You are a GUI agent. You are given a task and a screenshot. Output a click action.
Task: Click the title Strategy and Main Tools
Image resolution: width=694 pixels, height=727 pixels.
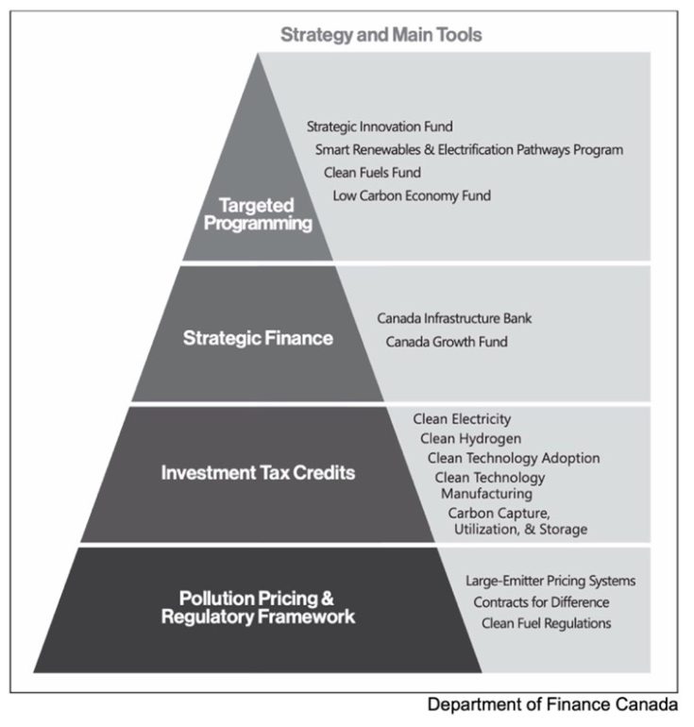tap(381, 35)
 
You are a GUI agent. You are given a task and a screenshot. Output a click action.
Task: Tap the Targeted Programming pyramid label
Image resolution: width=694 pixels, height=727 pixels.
tap(258, 214)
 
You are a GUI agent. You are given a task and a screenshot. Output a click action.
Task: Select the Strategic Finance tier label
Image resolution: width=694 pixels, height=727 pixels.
tap(258, 338)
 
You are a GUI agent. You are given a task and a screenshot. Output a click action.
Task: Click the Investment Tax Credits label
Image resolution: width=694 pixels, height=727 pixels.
tap(258, 472)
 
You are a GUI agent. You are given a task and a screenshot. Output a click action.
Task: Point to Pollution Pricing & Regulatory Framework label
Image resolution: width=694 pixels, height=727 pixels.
tap(258, 607)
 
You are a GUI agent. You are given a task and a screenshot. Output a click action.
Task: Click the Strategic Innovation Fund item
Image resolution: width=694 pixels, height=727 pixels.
tap(380, 127)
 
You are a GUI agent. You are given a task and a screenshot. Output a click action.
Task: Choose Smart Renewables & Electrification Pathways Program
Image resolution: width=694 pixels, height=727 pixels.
tap(469, 150)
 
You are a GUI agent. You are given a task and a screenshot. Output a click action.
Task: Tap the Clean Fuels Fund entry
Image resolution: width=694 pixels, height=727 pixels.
tap(372, 173)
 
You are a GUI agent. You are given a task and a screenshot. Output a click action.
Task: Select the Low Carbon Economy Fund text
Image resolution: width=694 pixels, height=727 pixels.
tap(412, 195)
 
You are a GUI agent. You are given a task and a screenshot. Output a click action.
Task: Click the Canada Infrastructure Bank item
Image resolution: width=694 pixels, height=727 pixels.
tap(454, 318)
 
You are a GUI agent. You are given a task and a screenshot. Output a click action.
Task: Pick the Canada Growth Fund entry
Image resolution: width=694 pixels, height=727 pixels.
tap(447, 342)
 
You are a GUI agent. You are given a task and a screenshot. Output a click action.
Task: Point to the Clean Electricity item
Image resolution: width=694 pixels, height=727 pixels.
tap(462, 419)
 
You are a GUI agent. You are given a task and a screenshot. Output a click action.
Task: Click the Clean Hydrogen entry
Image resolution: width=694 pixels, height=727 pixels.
tap(470, 439)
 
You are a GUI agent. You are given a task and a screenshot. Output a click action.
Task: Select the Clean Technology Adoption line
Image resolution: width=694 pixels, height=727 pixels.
tap(514, 458)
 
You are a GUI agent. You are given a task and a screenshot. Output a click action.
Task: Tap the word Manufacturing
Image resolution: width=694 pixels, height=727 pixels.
tap(486, 494)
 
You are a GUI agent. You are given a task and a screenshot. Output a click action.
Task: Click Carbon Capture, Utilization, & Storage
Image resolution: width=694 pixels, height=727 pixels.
tap(517, 521)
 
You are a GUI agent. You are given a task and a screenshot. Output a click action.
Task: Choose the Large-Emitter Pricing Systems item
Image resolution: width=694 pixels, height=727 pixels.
tap(550, 581)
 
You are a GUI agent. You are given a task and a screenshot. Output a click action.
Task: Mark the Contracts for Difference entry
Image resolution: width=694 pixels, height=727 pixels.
tap(541, 602)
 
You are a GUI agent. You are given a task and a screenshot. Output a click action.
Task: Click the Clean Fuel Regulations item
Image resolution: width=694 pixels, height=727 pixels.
tap(546, 623)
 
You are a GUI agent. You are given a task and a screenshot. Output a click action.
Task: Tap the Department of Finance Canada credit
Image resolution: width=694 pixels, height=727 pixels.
tap(552, 704)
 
